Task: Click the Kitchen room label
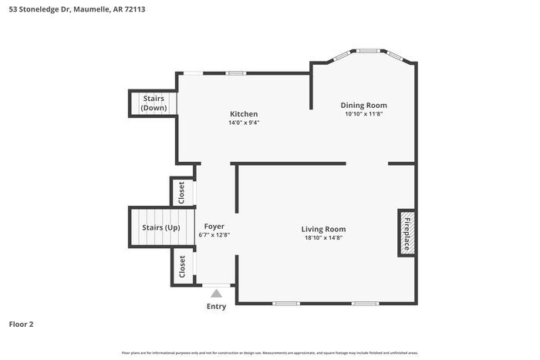pyautogui.click(x=243, y=114)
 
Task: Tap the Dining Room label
pyautogui.click(x=364, y=105)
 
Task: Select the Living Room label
pyautogui.click(x=323, y=229)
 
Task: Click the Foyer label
pyautogui.click(x=214, y=226)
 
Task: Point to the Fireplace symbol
pyautogui.click(x=407, y=231)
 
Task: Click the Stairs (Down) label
pyautogui.click(x=154, y=103)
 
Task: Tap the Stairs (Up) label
pyautogui.click(x=160, y=227)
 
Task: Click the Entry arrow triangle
pyautogui.click(x=217, y=293)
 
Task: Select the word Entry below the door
pyautogui.click(x=217, y=307)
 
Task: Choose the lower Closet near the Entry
pyautogui.click(x=182, y=267)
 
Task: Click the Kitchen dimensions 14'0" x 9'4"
pyautogui.click(x=243, y=123)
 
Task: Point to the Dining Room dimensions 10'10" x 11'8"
pyautogui.click(x=364, y=114)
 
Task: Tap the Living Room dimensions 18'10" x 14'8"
pyautogui.click(x=323, y=238)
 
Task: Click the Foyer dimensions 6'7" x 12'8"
pyautogui.click(x=214, y=235)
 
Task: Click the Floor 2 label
pyautogui.click(x=21, y=325)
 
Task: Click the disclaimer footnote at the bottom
pyautogui.click(x=269, y=353)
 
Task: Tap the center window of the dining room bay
pyautogui.click(x=368, y=51)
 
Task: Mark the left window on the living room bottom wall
pyautogui.click(x=286, y=303)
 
